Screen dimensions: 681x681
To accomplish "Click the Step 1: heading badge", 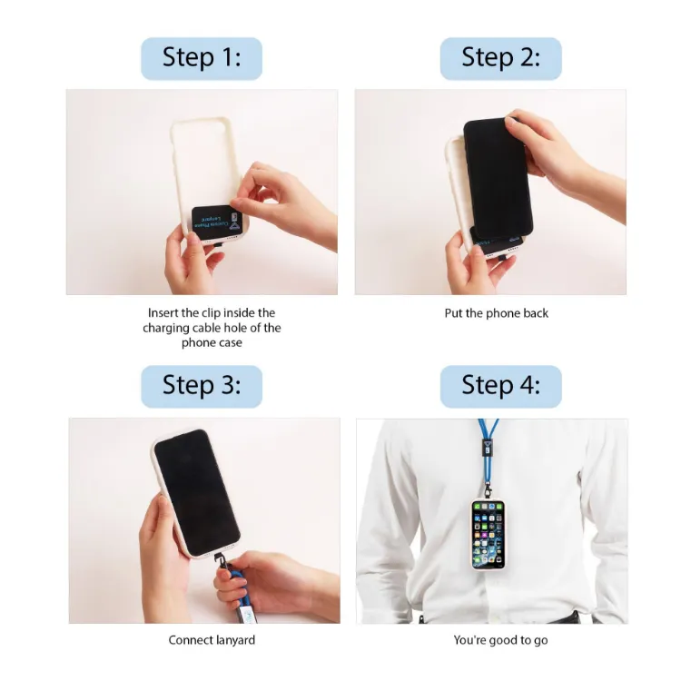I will [202, 58].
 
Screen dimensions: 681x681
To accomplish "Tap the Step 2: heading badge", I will [500, 58].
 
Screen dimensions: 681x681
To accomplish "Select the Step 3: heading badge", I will [202, 386].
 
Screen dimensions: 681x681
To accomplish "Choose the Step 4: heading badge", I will [500, 386].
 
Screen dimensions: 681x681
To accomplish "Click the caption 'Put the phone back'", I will [497, 313].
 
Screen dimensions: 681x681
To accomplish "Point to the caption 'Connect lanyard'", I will [212, 640].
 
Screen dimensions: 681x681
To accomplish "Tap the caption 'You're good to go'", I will [500, 640].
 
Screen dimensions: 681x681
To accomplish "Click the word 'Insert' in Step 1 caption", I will [164, 313].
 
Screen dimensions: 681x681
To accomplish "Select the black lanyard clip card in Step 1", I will [216, 221].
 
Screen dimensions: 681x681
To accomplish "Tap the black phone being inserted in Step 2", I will [498, 177].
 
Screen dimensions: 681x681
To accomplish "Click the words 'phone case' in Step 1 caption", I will [212, 342].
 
